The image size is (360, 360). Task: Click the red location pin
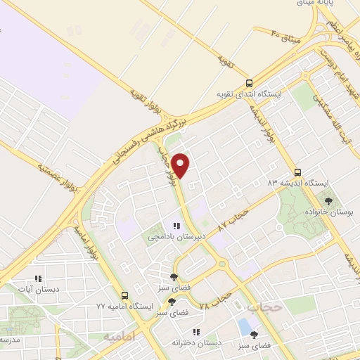click(181, 165)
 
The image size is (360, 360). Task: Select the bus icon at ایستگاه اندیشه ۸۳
click(298, 172)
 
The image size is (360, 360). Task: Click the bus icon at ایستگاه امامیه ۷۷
click(124, 296)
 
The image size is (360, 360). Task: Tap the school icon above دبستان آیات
click(38, 278)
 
